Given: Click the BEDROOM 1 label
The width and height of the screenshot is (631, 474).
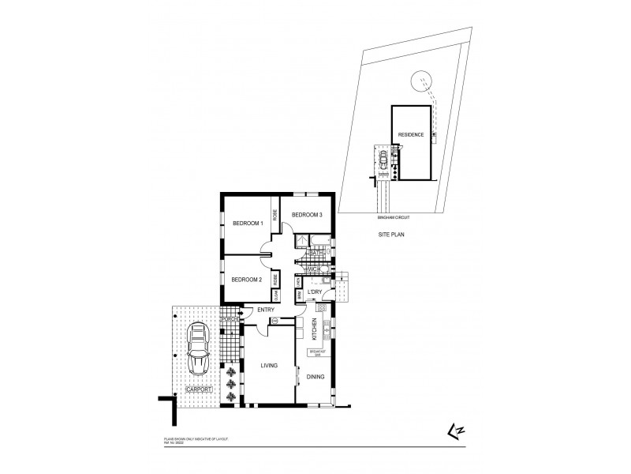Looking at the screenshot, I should (x=246, y=224).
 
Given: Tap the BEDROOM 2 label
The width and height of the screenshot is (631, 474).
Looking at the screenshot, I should (x=246, y=280).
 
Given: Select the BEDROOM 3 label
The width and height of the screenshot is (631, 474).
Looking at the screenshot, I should (x=304, y=215).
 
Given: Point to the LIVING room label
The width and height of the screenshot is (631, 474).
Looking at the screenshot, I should (x=272, y=366).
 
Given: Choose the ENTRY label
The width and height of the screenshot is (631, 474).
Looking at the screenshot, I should (x=266, y=310).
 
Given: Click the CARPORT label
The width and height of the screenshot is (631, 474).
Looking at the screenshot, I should (x=197, y=389).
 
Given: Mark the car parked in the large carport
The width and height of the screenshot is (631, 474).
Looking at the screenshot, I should (x=197, y=352).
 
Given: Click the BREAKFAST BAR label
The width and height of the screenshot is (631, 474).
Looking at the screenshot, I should (x=317, y=353).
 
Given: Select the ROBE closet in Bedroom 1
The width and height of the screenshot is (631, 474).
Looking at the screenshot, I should (x=275, y=214).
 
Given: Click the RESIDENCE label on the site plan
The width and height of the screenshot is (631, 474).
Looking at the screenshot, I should (x=411, y=135).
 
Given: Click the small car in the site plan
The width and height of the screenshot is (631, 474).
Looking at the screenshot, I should (x=383, y=163).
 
